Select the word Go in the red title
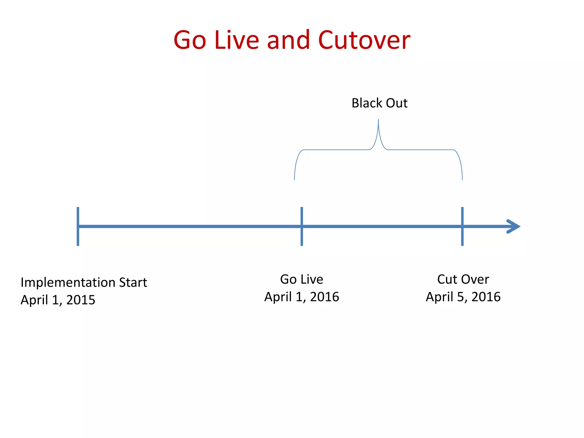point(190,40)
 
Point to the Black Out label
point(379,103)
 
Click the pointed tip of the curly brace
point(378,120)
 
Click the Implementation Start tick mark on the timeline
point(78,226)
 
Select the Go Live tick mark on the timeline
point(302,226)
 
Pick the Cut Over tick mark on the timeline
point(462,226)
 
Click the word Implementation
point(68,283)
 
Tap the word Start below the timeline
point(133,282)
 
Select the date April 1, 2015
point(58,300)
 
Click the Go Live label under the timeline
point(302,279)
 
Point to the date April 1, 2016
point(302,297)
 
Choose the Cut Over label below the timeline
point(463,279)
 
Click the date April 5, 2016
point(463,297)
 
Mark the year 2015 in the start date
point(81,300)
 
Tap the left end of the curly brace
point(295,179)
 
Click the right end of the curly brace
point(462,179)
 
